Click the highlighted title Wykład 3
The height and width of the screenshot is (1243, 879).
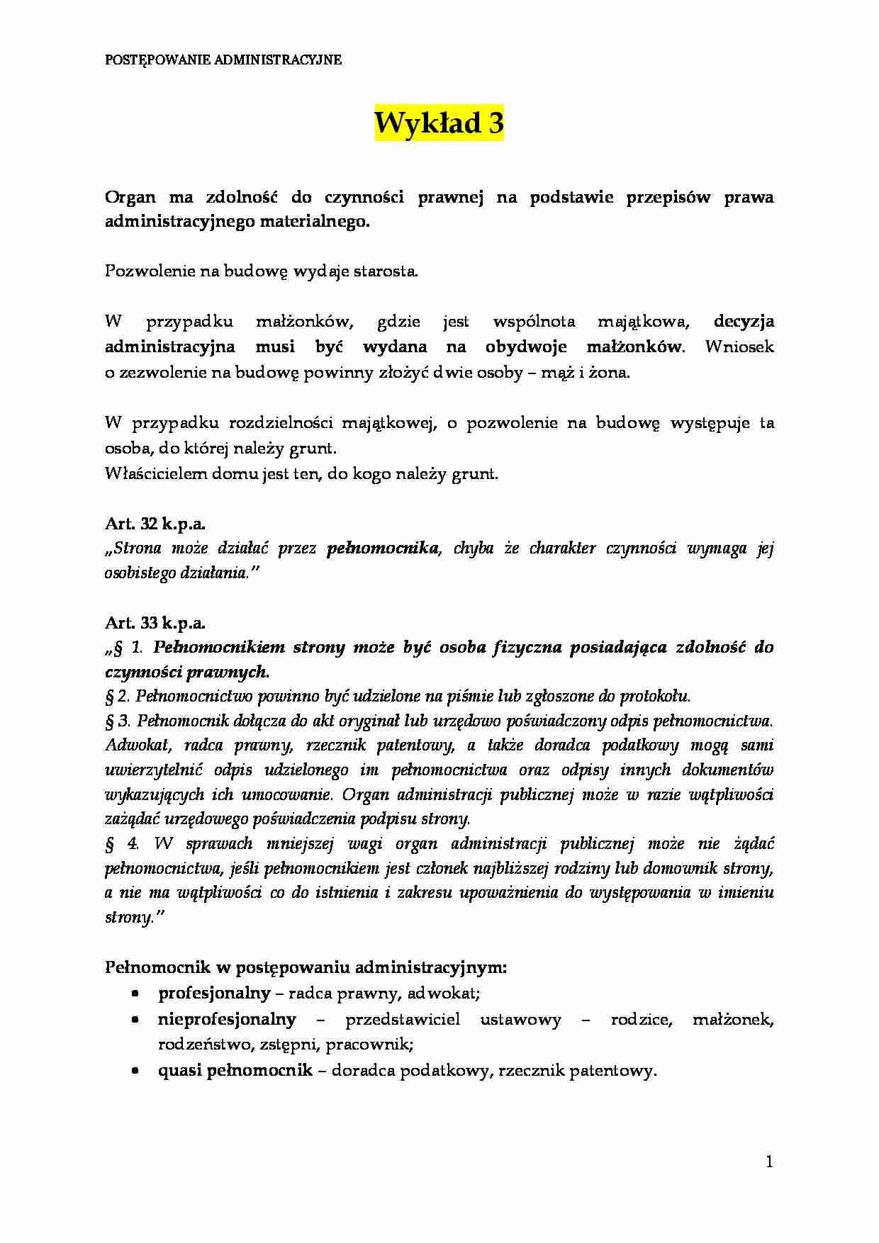[x=439, y=124]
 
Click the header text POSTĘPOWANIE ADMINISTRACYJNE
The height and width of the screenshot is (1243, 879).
[x=223, y=60]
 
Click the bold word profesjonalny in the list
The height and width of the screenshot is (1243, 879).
[x=214, y=994]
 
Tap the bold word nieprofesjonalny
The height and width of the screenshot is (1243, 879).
[x=227, y=1020]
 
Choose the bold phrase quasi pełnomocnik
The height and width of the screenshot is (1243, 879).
[x=235, y=1071]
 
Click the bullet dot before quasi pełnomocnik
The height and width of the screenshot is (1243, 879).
[x=135, y=1072]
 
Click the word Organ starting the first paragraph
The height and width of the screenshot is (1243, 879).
[x=130, y=197]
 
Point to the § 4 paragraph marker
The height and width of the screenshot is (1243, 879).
[x=116, y=844]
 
